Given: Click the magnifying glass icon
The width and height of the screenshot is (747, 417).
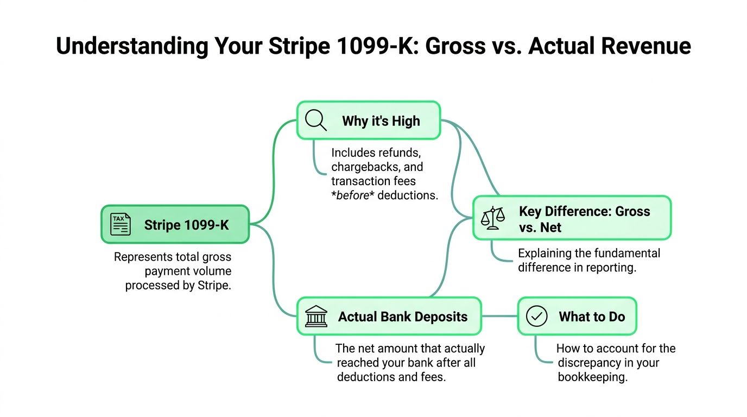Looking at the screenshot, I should (x=315, y=120).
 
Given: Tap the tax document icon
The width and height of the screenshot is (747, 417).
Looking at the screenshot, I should (x=120, y=224).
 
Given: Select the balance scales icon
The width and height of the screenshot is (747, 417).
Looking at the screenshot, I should (x=492, y=218).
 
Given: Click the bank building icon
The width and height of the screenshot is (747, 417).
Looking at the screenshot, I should (x=316, y=316).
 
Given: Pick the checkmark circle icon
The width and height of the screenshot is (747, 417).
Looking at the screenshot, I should (x=537, y=316).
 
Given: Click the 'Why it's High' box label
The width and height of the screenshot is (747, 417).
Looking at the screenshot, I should (x=381, y=121).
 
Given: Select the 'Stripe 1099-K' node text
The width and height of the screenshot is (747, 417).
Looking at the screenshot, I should (x=186, y=225).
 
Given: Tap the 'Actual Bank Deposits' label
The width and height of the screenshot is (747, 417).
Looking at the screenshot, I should (x=402, y=317).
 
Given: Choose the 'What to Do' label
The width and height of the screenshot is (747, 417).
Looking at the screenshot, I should (x=592, y=317).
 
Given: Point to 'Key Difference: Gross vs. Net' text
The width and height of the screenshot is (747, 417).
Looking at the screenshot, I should (x=584, y=219).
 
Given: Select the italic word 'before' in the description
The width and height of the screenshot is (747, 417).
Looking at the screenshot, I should (x=353, y=195).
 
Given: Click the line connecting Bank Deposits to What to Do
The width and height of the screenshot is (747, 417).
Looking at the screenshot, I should (x=499, y=316).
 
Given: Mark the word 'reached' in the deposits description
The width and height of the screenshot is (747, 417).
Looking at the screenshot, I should (x=358, y=363).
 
